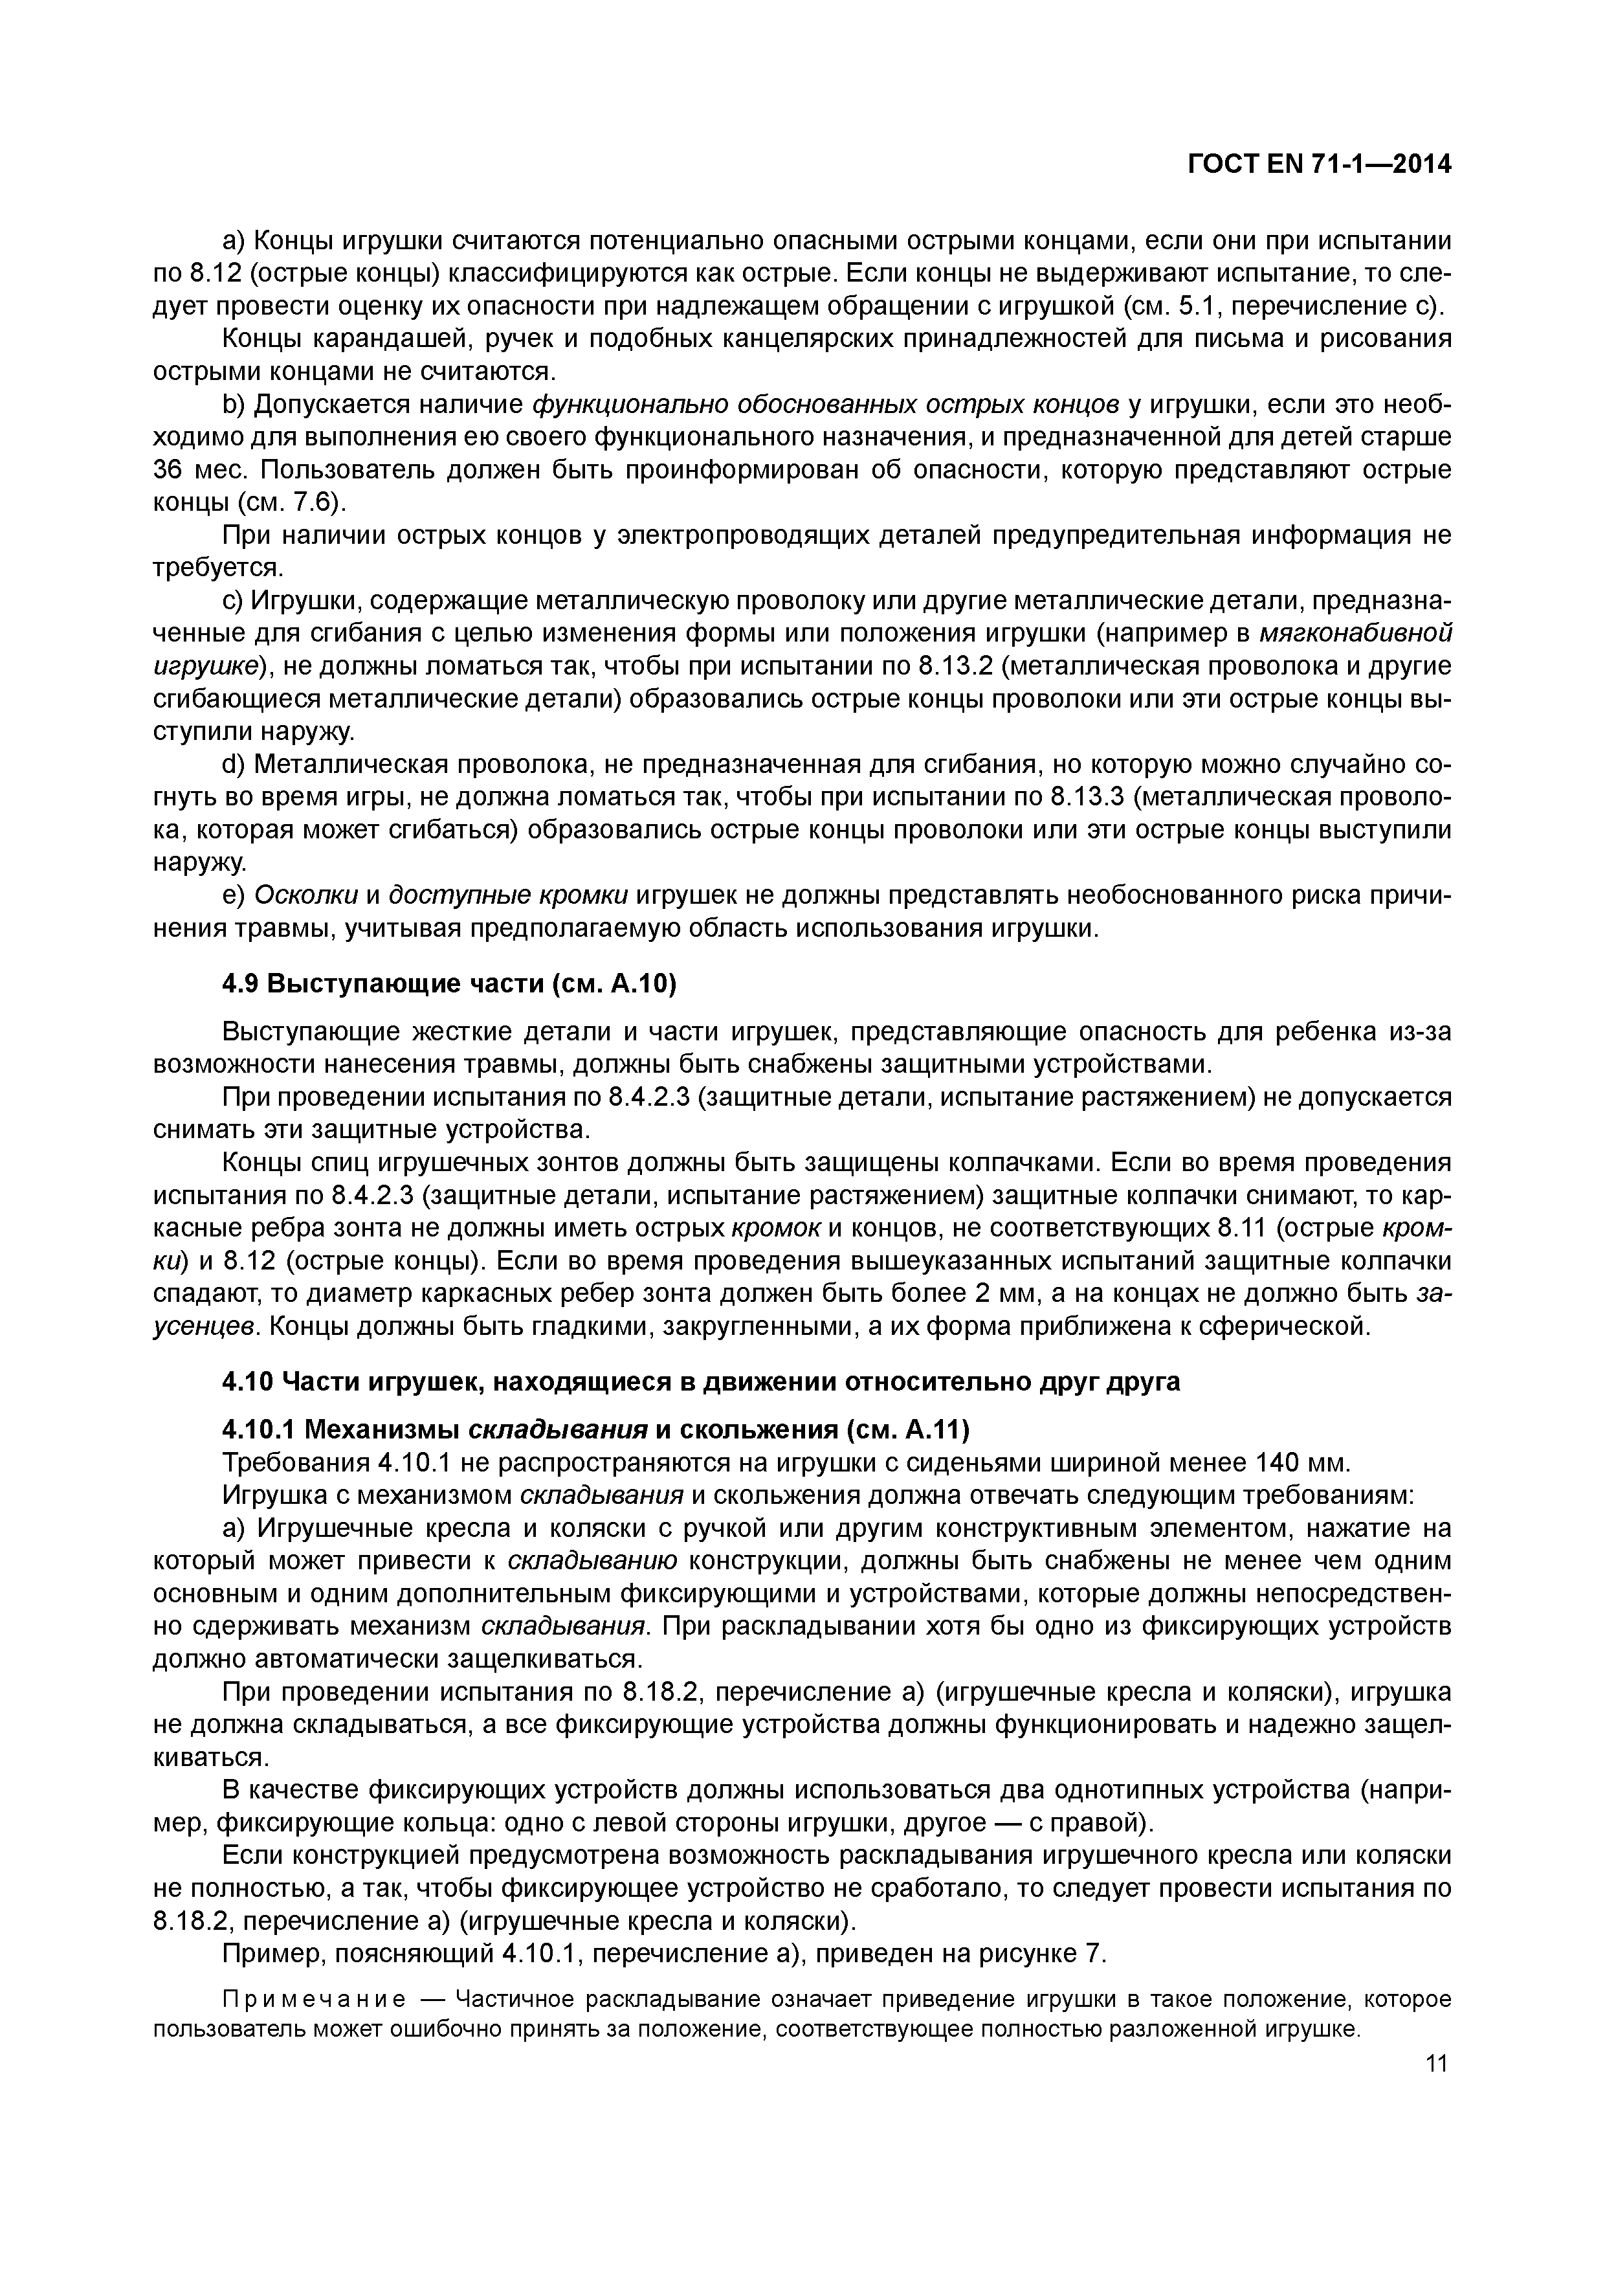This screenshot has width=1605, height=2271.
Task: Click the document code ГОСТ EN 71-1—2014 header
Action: coord(1318,164)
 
